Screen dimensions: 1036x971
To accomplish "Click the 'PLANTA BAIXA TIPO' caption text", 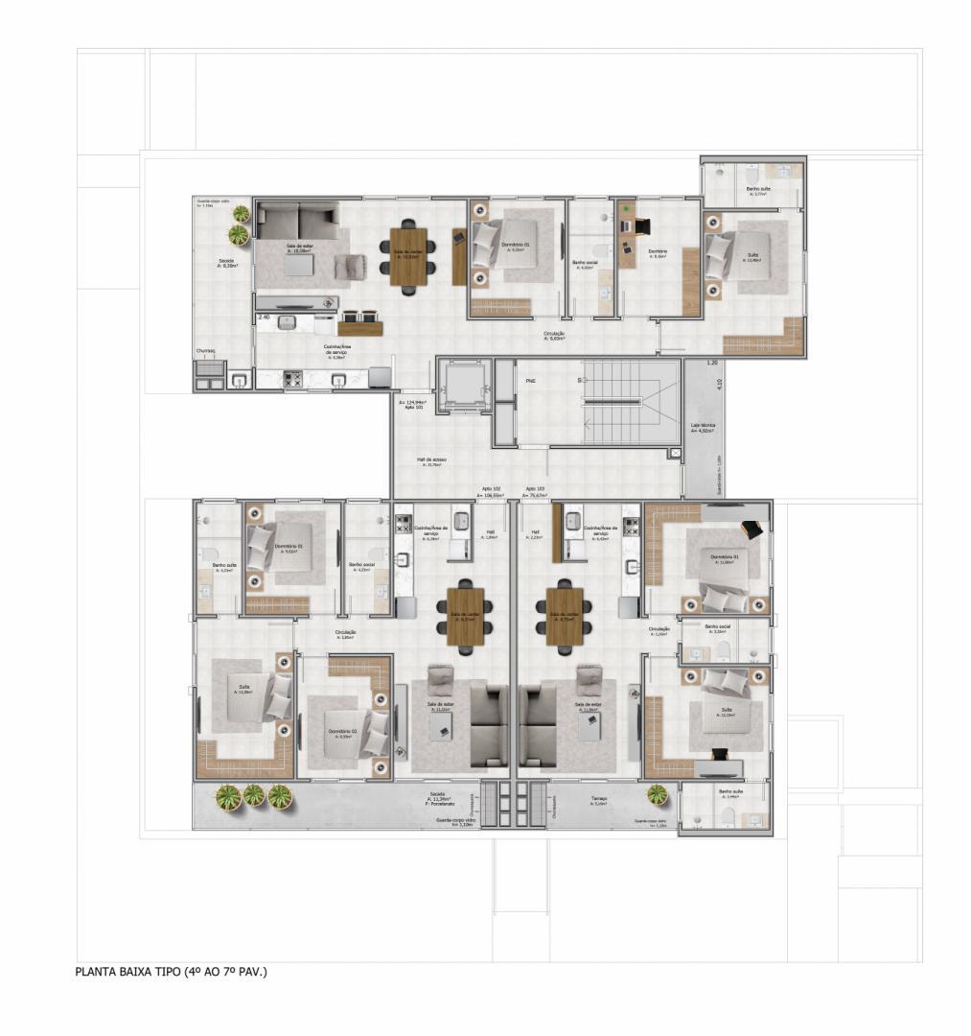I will (x=171, y=972).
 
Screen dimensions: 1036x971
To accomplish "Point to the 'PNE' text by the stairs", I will (x=530, y=381).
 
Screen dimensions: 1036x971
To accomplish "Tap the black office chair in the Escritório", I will (x=640, y=226).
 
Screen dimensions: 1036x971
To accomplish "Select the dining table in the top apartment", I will (x=409, y=254).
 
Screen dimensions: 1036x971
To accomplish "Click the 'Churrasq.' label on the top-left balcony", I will (x=206, y=351).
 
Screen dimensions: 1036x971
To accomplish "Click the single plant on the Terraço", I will (x=658, y=794).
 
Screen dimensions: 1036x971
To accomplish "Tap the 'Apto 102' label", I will (x=490, y=488).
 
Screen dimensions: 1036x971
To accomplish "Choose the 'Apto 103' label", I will (x=535, y=488).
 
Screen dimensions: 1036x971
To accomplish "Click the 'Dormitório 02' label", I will (x=342, y=731).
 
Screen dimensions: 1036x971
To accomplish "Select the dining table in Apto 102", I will (x=465, y=616).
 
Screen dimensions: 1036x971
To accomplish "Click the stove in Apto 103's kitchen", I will (x=631, y=526).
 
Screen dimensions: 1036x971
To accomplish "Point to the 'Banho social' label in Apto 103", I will (x=717, y=627).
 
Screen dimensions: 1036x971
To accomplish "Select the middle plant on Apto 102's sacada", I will (x=253, y=795).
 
